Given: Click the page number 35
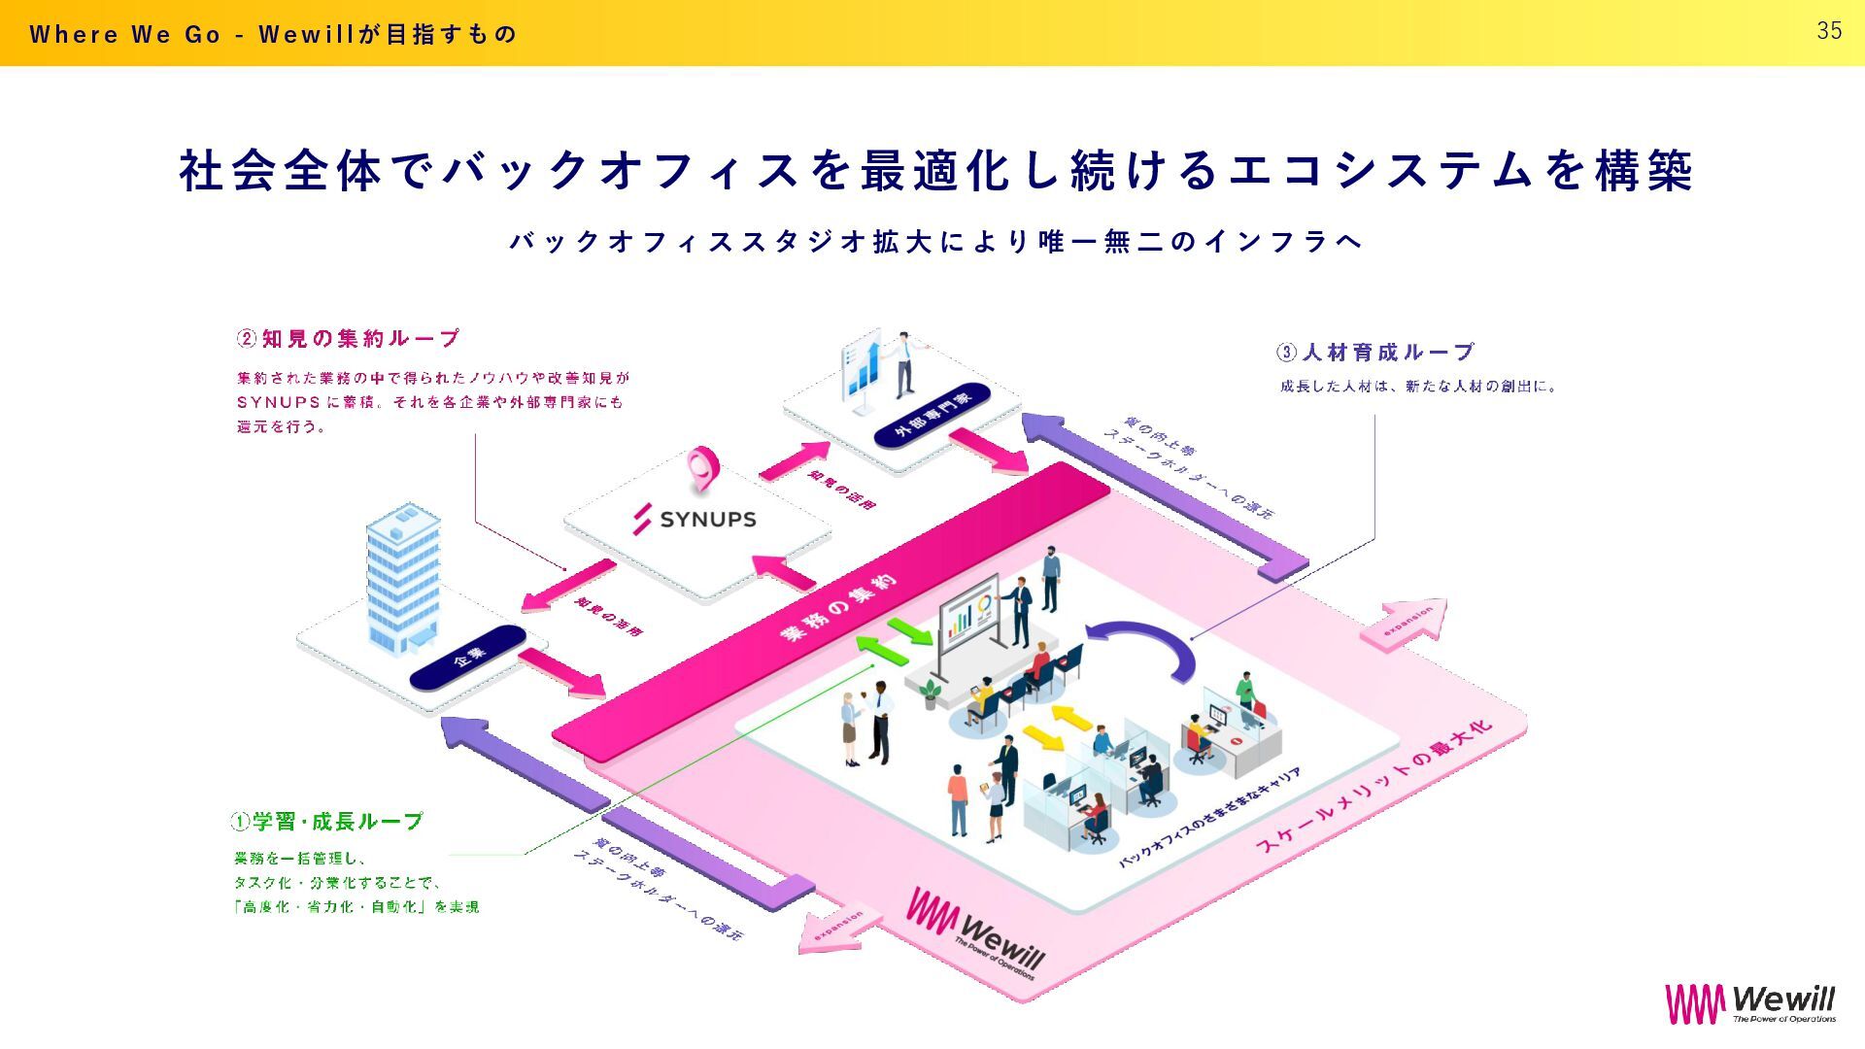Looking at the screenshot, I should coord(1829,31).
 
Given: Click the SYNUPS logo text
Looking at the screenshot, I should coord(707,520).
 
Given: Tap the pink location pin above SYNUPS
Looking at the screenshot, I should coord(699,467).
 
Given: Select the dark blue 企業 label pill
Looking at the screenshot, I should coord(468,659).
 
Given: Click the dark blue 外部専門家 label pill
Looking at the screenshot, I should coord(932,415).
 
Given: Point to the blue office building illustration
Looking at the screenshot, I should coord(403,578).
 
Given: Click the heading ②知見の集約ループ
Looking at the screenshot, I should coord(349,339).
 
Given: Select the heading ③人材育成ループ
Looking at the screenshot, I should coord(1375,352).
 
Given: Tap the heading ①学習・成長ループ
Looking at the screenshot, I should coord(327,822).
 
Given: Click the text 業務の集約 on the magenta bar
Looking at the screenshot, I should coord(839,609).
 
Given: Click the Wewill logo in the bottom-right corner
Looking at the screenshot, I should coord(1750,1003).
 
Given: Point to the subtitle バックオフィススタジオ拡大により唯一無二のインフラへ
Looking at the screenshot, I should coord(936,242).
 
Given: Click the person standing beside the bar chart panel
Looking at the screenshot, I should coord(904,364).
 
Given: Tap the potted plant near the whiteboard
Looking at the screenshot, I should coord(931,693).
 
